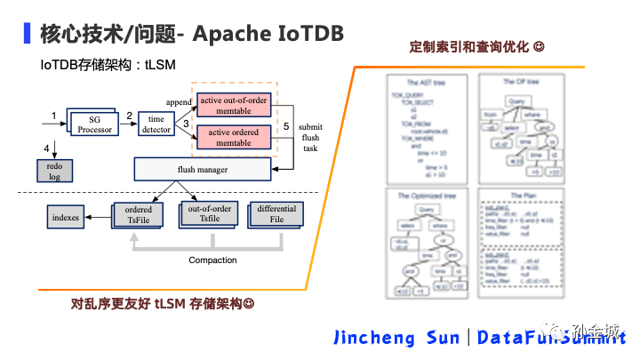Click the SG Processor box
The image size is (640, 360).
94,124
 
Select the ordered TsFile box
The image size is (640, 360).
139,215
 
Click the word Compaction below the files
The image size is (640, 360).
212,260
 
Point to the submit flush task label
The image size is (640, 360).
310,138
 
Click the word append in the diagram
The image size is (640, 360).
178,102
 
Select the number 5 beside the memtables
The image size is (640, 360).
285,127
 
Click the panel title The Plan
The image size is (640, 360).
522,196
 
